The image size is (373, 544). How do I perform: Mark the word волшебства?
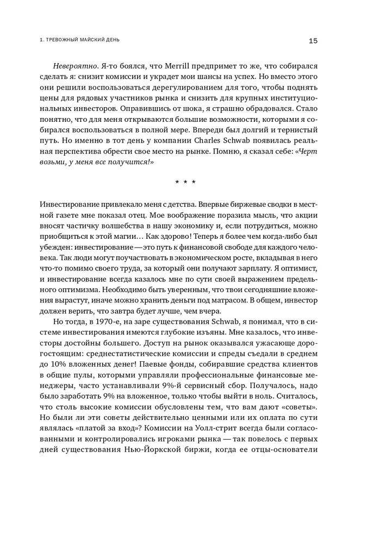point(119,226)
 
